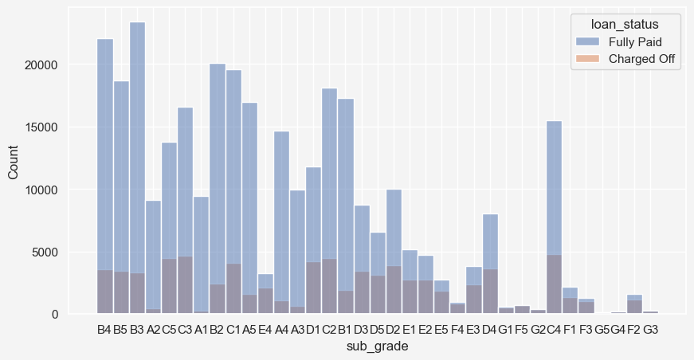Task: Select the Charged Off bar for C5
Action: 169,286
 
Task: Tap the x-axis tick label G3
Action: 650,329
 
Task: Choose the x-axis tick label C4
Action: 555,329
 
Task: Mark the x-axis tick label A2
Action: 153,329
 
